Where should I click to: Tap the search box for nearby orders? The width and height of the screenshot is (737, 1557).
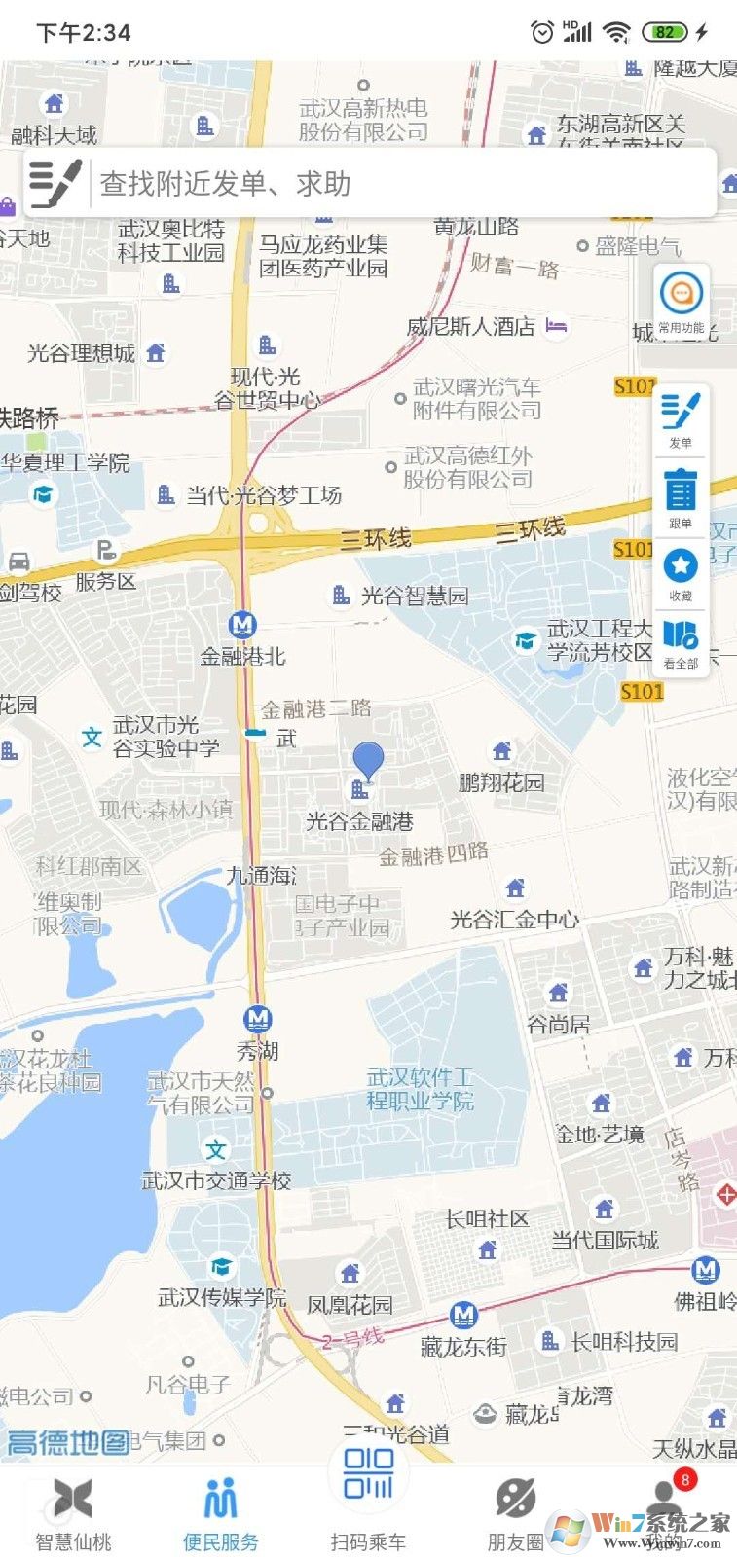[389, 183]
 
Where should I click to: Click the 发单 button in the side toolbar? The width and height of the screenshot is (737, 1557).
[681, 417]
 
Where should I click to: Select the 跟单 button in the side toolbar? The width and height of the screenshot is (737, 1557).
[681, 497]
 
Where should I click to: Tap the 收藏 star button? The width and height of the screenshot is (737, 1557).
[681, 571]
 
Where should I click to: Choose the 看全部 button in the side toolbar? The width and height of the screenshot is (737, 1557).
[681, 642]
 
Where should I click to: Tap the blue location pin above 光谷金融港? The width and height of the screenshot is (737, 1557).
[368, 759]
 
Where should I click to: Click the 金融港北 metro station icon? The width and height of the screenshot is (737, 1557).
[241, 625]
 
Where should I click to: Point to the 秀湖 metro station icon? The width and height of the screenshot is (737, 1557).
[258, 1019]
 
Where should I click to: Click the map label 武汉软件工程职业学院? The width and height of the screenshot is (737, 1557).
[420, 1089]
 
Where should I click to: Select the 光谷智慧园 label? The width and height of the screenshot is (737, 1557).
[414, 596]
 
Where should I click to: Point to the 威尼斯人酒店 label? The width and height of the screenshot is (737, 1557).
[470, 326]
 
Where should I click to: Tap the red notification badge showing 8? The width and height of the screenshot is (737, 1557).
[685, 1480]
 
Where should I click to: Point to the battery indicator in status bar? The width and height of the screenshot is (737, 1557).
[665, 32]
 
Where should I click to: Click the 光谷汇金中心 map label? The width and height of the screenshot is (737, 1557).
[514, 919]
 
